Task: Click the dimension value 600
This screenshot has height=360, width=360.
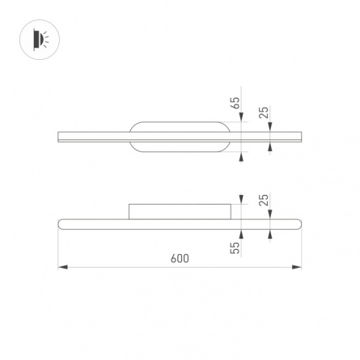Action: tap(180, 258)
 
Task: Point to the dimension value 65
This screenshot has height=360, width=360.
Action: tap(235, 103)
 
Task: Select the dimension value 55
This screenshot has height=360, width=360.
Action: tap(235, 248)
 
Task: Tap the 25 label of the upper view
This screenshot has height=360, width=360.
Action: tap(265, 112)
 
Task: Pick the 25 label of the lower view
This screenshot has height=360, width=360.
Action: tap(265, 200)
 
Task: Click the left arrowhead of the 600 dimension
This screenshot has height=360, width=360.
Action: tap(63, 267)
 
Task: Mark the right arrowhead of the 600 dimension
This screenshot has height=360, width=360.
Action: tap(297, 267)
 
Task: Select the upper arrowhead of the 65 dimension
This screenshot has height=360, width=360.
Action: tap(241, 117)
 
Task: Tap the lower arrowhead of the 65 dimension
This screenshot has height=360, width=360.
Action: tap(241, 156)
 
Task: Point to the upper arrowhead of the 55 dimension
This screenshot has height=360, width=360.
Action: tap(241, 200)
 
